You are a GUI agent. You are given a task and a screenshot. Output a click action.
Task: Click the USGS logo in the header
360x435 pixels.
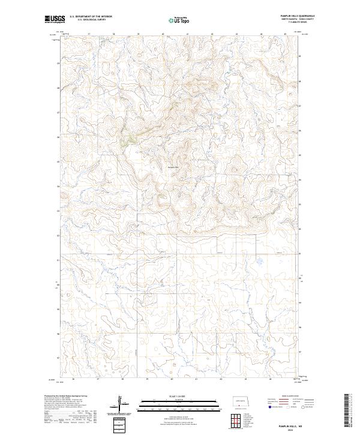coord(53,20)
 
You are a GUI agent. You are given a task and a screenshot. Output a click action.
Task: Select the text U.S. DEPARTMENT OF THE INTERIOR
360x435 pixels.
coord(91,16)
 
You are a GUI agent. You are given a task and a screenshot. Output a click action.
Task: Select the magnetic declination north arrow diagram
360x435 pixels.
coord(122,403)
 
